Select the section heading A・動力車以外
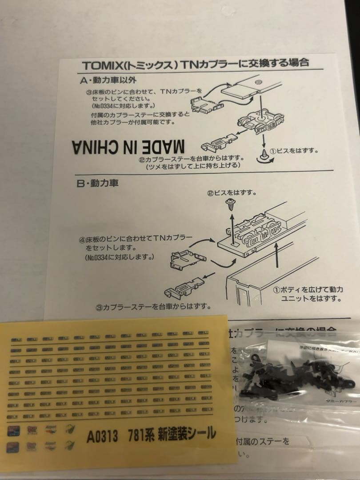(100, 80)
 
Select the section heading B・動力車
(97, 183)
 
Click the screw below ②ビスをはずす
(232, 204)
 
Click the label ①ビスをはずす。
(296, 150)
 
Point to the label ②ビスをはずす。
(232, 193)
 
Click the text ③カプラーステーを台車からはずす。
(153, 306)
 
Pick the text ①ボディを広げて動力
(308, 289)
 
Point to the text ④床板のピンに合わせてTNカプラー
(136, 239)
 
